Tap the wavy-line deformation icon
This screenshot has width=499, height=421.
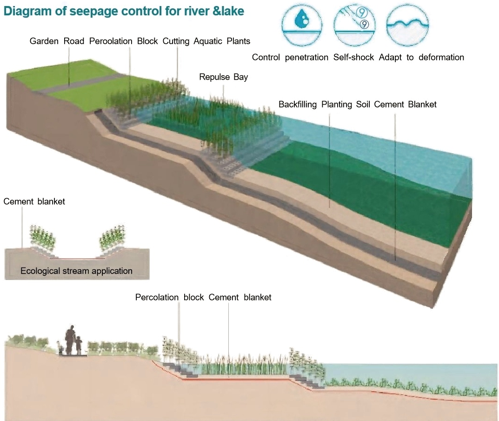click(x=408, y=24)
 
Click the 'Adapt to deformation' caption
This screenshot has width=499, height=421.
click(x=421, y=57)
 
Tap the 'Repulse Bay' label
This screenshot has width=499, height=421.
click(x=223, y=77)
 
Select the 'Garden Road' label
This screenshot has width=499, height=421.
click(x=57, y=41)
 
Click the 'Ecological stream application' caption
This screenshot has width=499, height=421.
click(x=76, y=271)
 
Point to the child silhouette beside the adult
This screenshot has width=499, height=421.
click(x=79, y=346)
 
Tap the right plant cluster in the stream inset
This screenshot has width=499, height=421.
click(x=112, y=237)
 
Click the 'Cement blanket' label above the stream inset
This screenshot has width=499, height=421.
click(x=34, y=201)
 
